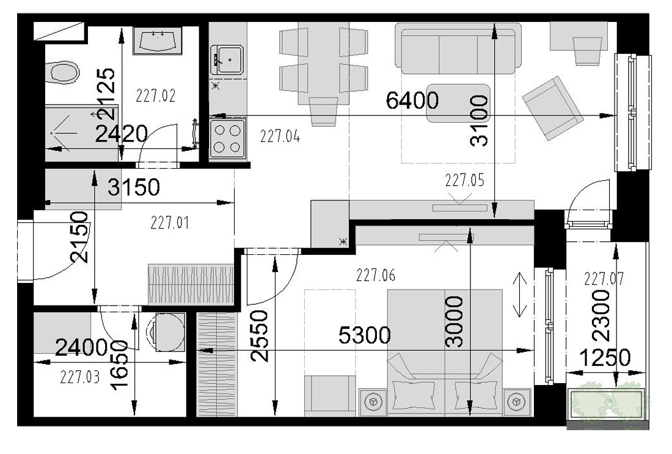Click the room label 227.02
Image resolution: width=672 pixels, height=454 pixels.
click(156, 95)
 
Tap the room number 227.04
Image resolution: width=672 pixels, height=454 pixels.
click(280, 136)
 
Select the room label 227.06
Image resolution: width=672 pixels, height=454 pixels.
click(376, 275)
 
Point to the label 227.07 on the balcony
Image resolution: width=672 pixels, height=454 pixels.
click(604, 279)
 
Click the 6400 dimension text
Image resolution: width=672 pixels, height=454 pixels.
click(412, 100)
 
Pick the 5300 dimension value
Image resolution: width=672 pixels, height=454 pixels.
click(364, 335)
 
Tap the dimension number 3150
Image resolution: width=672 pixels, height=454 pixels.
click(133, 187)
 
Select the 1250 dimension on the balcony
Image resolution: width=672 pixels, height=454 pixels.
click(605, 357)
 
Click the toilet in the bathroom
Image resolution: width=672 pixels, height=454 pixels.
click(62, 73)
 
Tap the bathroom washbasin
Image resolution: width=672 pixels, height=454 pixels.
click(158, 41)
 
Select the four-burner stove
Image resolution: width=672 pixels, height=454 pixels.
click(228, 139)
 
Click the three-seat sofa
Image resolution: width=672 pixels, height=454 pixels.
click(458, 48)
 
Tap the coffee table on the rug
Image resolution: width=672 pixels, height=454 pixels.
click(458, 103)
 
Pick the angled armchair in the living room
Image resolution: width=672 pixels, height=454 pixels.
click(552, 108)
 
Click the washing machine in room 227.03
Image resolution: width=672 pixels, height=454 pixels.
click(165, 332)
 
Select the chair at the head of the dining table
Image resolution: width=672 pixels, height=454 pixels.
click(323, 112)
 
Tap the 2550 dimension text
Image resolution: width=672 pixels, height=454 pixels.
click(260, 335)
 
